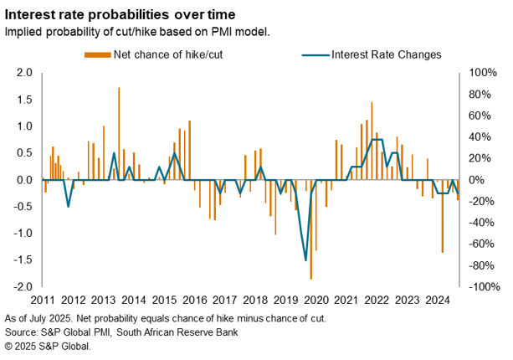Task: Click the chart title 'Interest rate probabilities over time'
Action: [117, 14]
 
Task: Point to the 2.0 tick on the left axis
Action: [23, 73]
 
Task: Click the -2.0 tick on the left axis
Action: [22, 286]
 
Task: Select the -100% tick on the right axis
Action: [484, 286]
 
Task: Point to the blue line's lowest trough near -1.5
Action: [305, 260]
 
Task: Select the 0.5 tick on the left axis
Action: [23, 153]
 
